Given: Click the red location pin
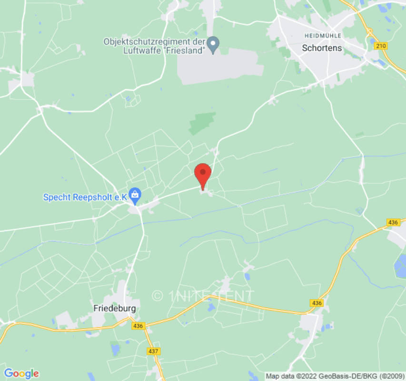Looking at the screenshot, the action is click(203, 174).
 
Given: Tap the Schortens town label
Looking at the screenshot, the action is click(322, 48).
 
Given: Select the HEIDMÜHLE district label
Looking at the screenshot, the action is click(322, 36).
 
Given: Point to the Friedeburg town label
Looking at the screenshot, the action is click(114, 308).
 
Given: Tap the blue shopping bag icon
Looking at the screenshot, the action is click(135, 194).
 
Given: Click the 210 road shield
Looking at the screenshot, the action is click(381, 46).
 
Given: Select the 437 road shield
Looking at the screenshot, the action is click(154, 351).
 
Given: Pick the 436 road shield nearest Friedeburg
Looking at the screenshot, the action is click(138, 326).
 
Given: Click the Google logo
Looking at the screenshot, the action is click(21, 373).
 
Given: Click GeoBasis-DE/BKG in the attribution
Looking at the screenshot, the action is click(348, 376).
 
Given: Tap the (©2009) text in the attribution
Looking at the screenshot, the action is click(388, 376).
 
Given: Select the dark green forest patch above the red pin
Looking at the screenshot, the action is click(202, 123).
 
